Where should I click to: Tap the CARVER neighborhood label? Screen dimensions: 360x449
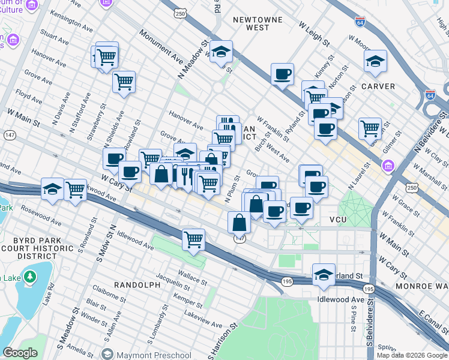point(378,86)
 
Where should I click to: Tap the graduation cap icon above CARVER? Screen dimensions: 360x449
point(375,61)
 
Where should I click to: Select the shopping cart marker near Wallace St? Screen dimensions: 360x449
point(193,240)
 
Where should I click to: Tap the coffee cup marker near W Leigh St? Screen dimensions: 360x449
point(282,75)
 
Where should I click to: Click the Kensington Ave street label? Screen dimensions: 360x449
point(73,22)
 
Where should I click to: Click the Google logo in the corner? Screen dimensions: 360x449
point(20,352)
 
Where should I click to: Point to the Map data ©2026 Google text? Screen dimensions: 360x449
point(411,355)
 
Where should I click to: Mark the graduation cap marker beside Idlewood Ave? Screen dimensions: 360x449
point(324,274)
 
